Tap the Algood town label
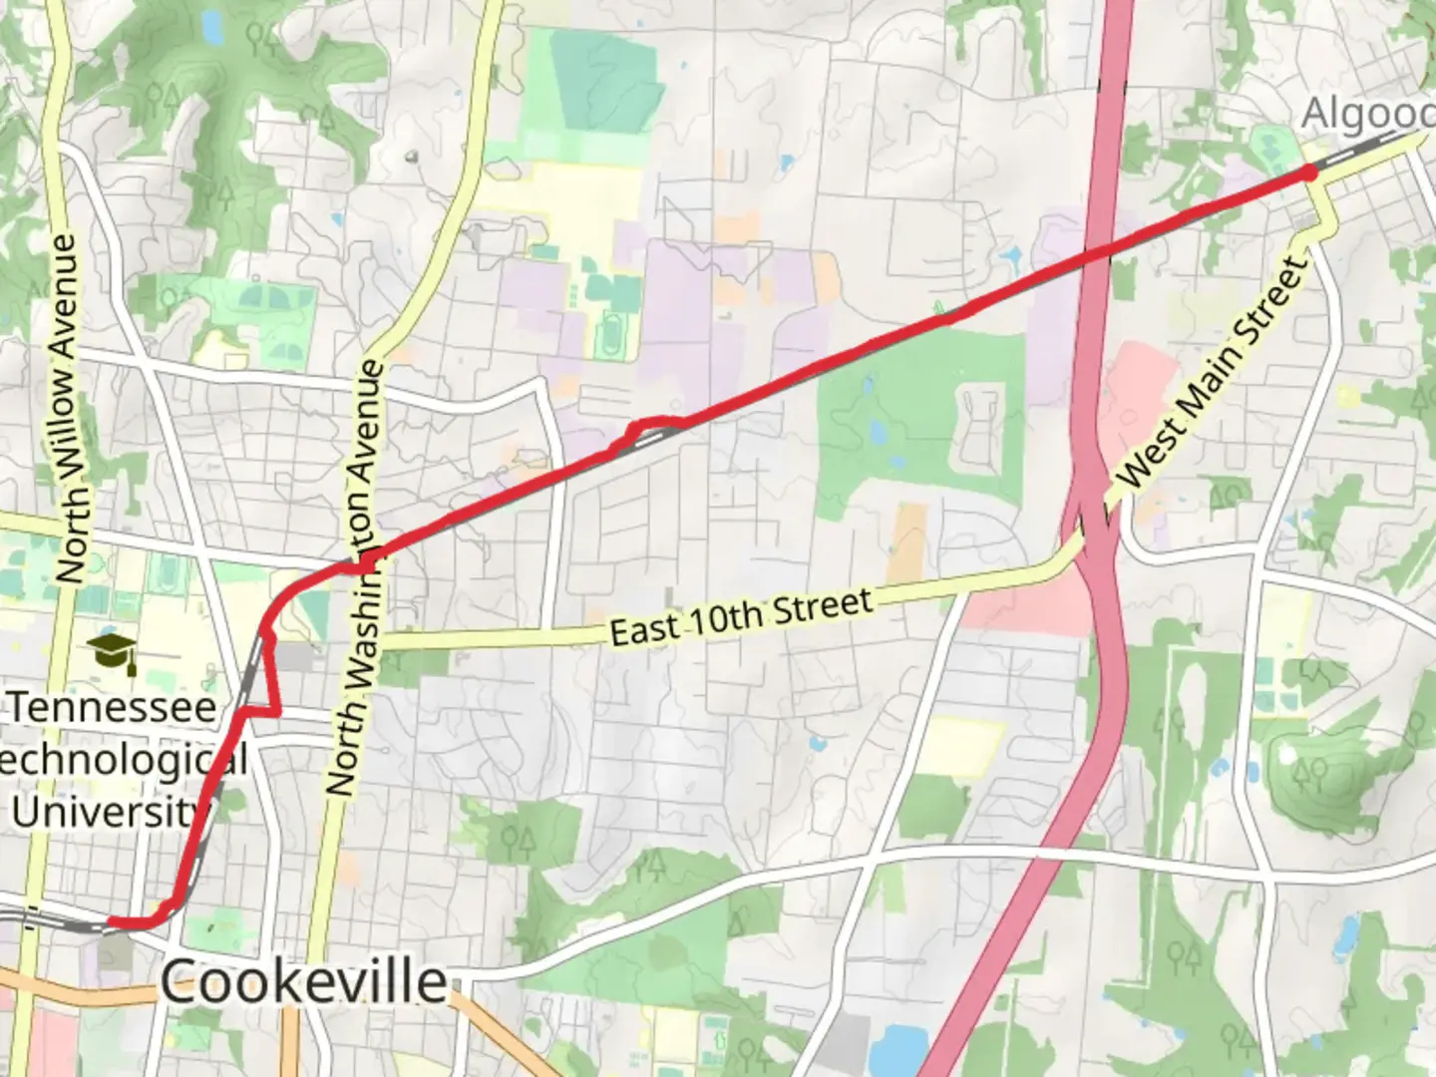(x=1367, y=114)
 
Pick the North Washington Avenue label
(x=356, y=578)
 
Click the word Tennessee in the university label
(x=114, y=708)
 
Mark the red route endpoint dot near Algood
(x=1309, y=173)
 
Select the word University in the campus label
(x=105, y=812)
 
